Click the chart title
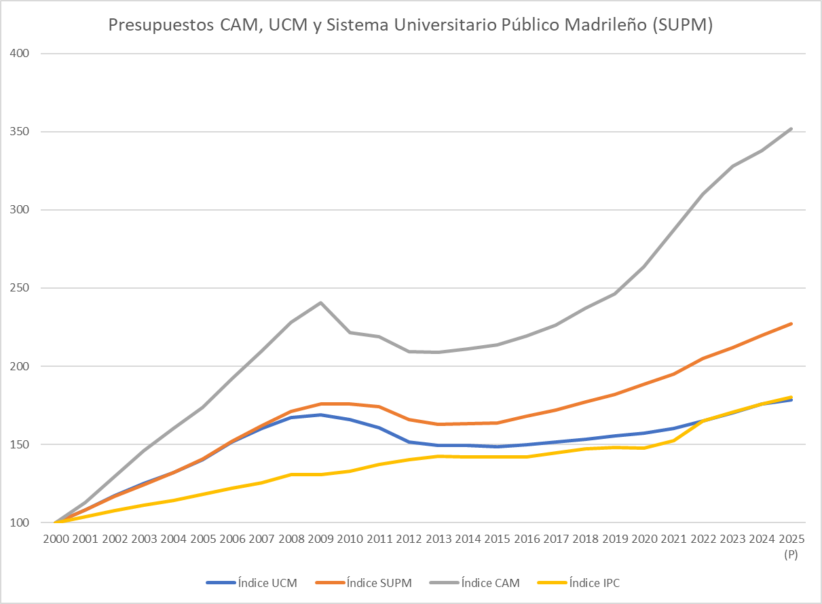410,25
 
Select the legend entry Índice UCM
267,582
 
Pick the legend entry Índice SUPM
379,582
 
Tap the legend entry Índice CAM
490,582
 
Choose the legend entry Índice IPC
594,582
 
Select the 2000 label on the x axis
55,539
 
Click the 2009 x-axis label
320,539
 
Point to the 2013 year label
438,539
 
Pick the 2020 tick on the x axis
644,539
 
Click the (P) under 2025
791,554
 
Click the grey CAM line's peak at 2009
320,302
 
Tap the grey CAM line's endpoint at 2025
791,128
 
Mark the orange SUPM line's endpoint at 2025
791,323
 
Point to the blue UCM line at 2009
320,414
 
